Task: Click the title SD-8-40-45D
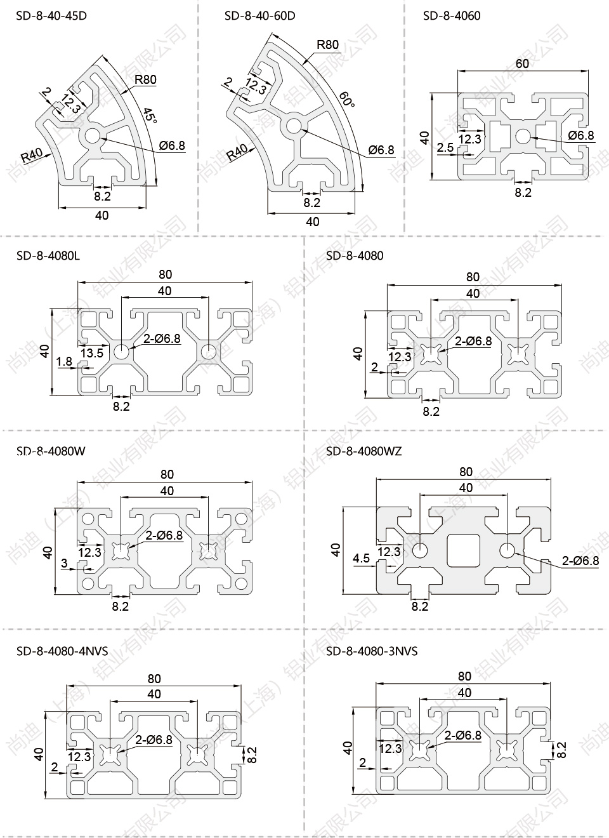click(51, 15)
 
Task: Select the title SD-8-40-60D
click(259, 15)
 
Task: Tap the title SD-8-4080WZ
click(363, 451)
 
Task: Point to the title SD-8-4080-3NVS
click(372, 651)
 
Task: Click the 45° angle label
click(149, 116)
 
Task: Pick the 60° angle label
click(346, 98)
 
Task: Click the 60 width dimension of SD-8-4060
click(522, 63)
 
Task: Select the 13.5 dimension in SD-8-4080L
click(91, 353)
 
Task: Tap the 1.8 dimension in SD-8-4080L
click(64, 362)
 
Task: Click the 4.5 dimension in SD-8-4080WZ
click(362, 558)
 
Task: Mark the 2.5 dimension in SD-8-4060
click(445, 147)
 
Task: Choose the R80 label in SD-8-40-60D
click(327, 44)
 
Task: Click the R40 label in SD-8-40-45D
click(32, 155)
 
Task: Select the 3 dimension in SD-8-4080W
click(64, 563)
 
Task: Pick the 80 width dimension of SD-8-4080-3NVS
click(464, 676)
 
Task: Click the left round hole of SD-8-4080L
click(121, 350)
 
